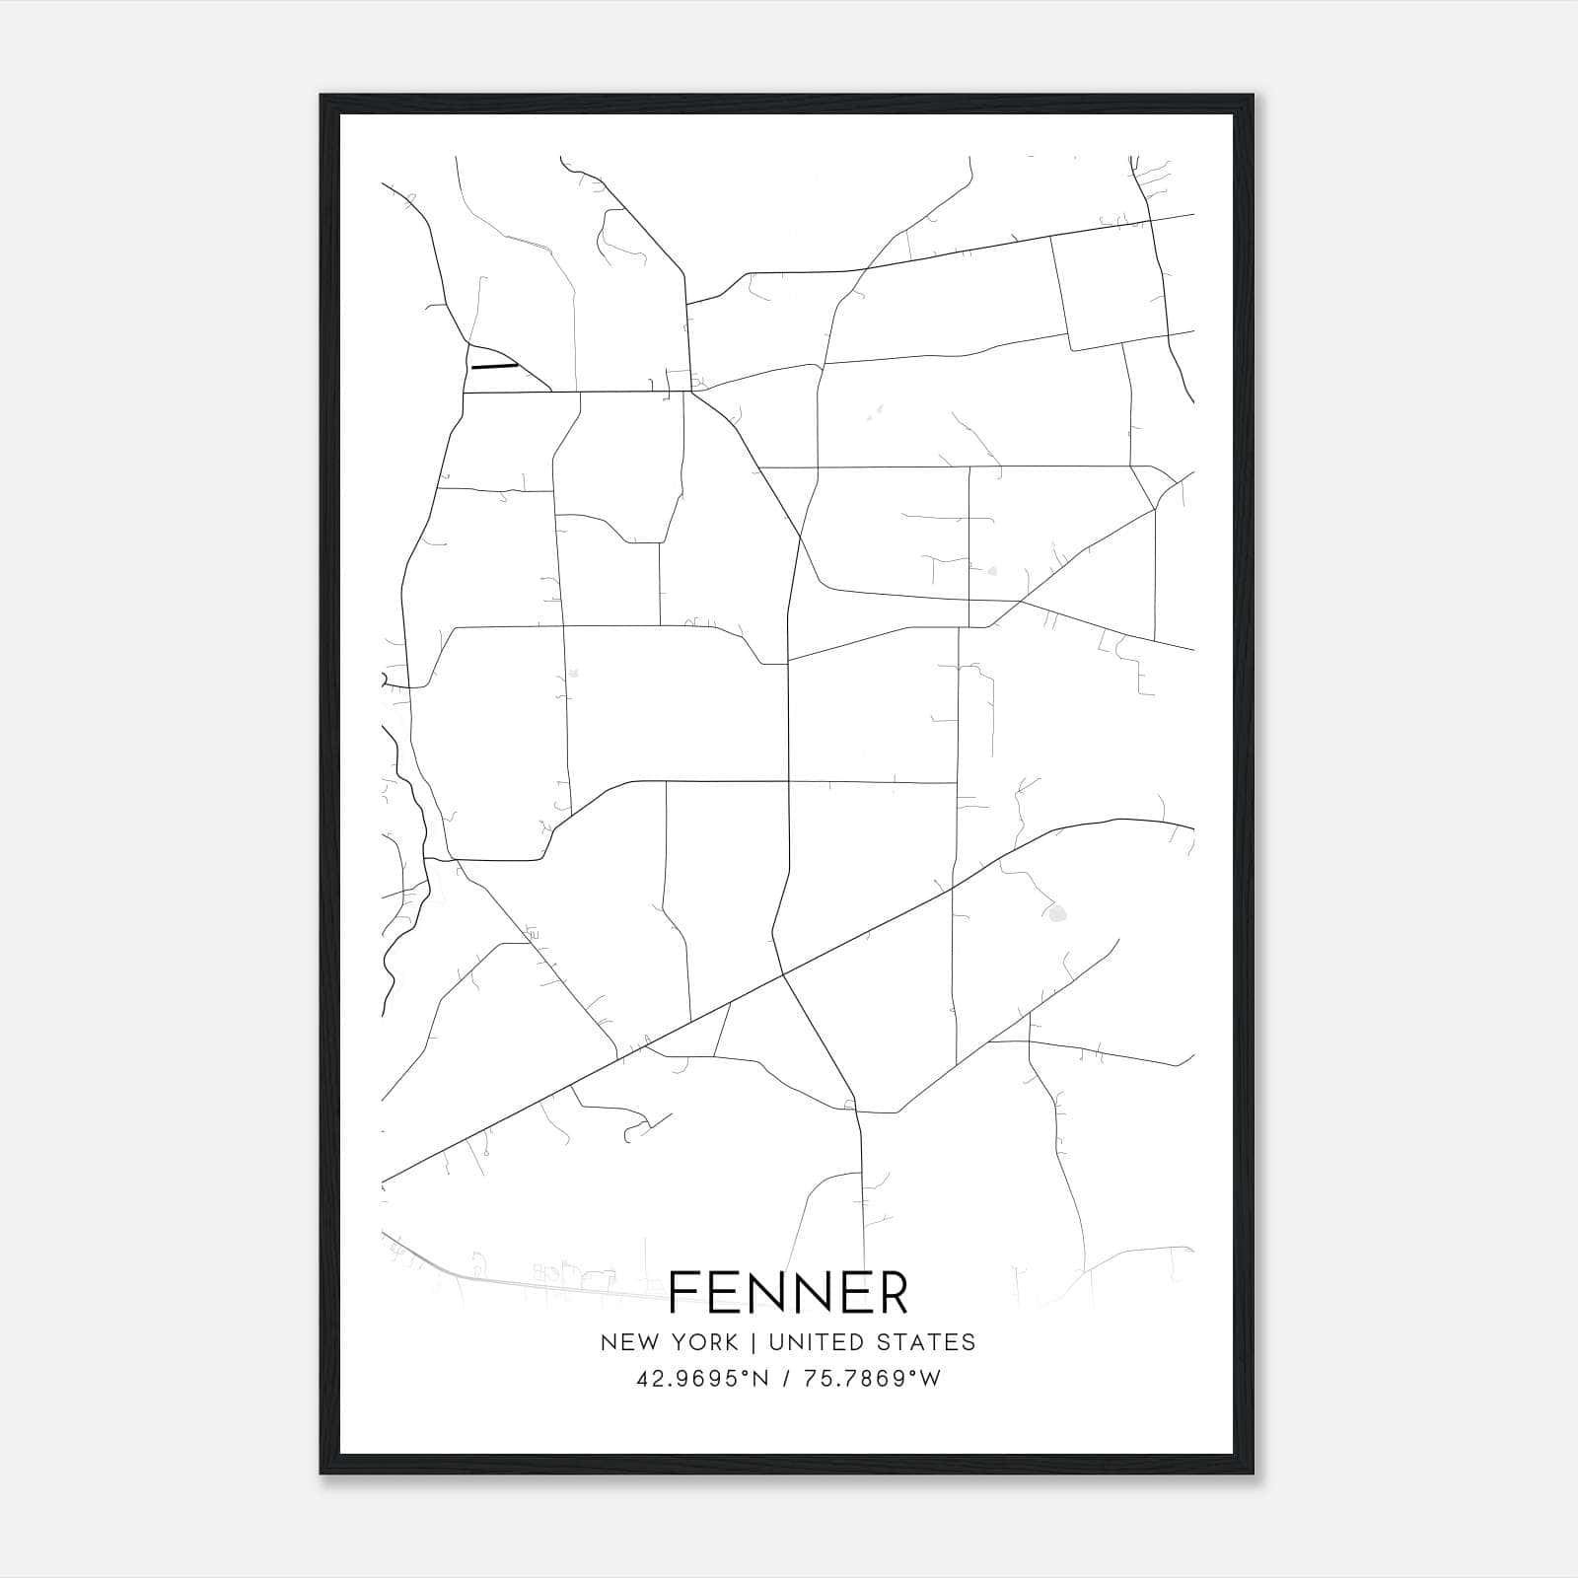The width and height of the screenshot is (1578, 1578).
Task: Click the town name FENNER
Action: pos(788,1293)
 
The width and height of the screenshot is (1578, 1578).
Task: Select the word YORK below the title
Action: pos(703,1342)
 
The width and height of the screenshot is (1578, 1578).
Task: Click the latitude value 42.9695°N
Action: pos(701,1379)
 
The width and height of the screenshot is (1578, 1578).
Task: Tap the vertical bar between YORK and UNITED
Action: pos(753,1342)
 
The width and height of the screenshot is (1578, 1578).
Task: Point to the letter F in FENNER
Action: pos(683,1293)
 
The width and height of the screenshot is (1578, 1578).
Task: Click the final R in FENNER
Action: pos(891,1293)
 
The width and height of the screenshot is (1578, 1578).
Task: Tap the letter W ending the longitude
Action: pos(932,1379)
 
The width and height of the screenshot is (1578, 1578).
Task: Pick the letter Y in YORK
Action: pos(680,1342)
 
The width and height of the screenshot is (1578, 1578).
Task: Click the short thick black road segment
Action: pos(494,366)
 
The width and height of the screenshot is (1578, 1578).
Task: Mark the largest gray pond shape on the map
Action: pos(1057,914)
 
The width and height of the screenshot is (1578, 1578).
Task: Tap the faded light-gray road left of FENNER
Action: pos(493,1278)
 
